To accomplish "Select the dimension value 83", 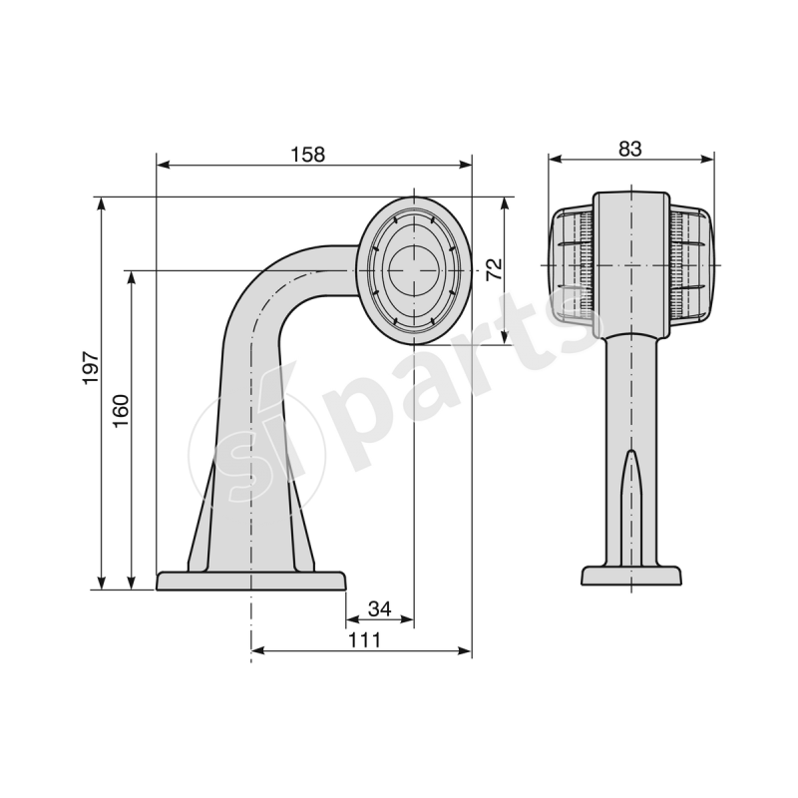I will (629, 148).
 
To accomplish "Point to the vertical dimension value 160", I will (121, 410).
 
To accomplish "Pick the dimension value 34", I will (379, 608).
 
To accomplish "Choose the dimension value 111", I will (365, 640).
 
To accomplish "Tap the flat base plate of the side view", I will (251, 581).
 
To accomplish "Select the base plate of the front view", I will (630, 577).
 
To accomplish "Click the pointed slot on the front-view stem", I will (630, 489).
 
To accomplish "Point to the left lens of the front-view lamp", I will (572, 266).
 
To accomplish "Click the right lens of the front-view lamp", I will (690, 266).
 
